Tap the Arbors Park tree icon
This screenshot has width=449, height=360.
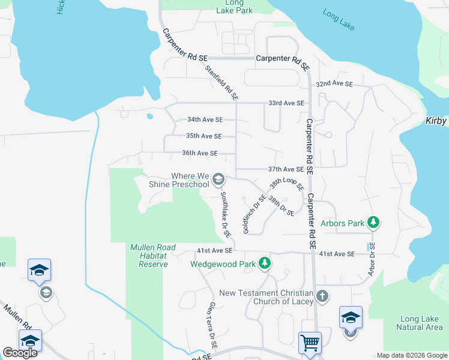373,223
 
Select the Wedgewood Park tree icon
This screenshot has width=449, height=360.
264,263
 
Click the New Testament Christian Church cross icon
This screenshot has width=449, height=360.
322,296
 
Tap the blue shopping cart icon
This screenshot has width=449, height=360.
310,343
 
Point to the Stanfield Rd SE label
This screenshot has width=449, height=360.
222,82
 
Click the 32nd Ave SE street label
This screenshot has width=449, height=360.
334,84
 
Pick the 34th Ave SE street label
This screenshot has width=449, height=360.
205,119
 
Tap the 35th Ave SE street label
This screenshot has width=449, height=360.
204,136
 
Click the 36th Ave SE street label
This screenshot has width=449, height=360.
199,153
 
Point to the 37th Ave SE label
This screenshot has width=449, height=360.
286,170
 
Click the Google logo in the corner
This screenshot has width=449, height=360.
20,353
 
